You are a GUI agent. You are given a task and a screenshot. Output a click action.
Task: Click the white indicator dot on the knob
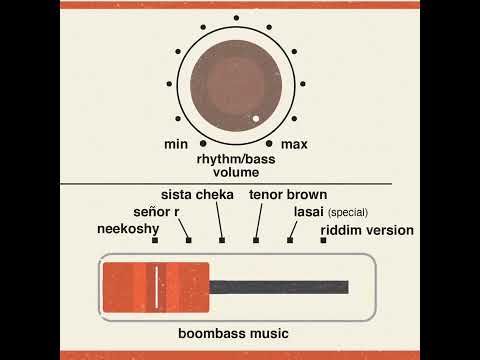[x=256, y=119]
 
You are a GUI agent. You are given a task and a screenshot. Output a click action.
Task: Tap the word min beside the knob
[x=176, y=145]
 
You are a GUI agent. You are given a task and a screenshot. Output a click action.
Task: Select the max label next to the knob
[x=294, y=145]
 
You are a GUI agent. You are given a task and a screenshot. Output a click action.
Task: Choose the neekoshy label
[x=126, y=229]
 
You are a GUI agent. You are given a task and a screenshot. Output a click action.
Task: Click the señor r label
[x=156, y=212]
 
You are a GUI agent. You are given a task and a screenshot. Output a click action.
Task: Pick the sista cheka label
[x=198, y=194]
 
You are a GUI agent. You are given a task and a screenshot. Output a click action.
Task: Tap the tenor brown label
[x=288, y=194]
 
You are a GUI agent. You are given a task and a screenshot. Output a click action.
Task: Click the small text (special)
[x=349, y=213]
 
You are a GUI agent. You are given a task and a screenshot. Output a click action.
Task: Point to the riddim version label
[x=367, y=230]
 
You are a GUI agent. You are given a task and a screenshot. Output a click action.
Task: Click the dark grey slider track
[x=280, y=287]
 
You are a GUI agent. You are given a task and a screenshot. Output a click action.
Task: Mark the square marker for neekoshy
[x=154, y=241]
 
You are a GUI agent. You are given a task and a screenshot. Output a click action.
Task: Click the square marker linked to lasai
[x=290, y=241]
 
